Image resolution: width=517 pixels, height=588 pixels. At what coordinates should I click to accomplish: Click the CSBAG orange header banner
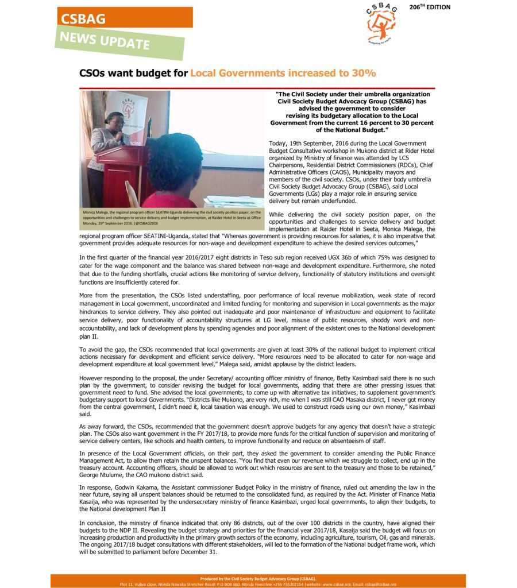(x=124, y=18)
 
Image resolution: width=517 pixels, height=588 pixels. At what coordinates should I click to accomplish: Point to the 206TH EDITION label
(x=430, y=7)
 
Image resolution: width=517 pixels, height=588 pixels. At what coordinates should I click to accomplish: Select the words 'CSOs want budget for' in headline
(x=133, y=73)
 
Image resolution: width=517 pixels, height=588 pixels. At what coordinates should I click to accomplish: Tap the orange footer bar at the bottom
(x=258, y=581)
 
